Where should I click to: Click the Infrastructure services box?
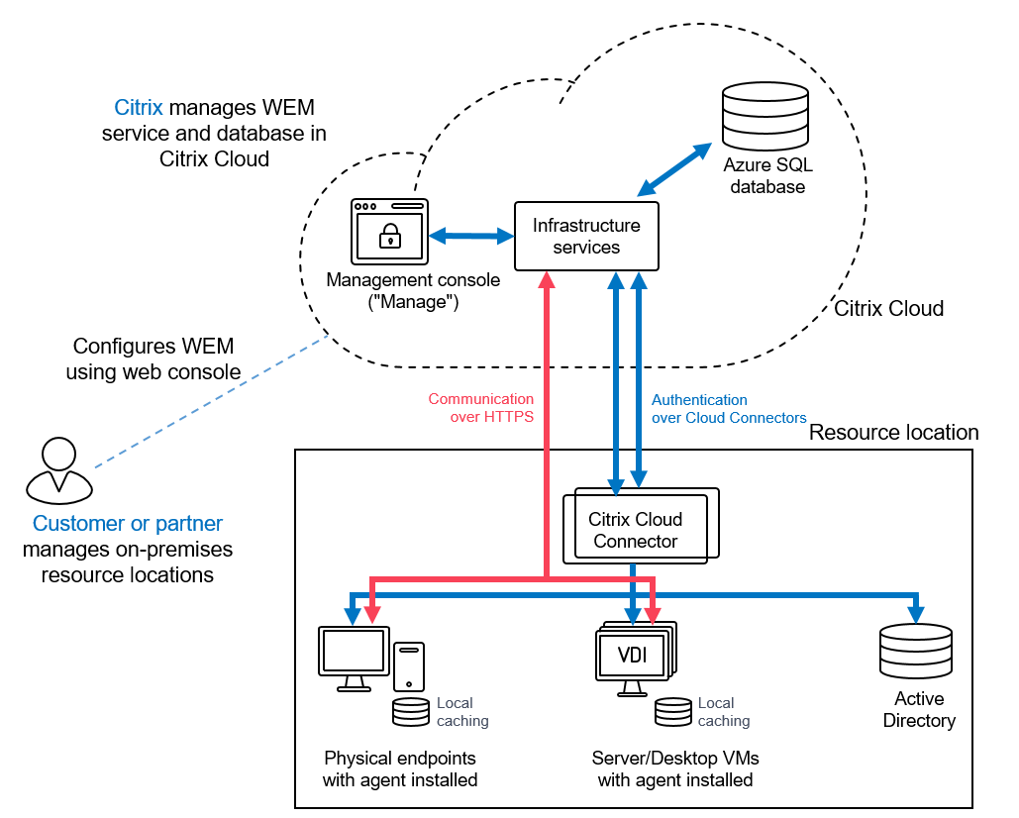tap(586, 236)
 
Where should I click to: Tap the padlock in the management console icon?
tap(390, 236)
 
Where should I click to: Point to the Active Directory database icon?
tap(915, 651)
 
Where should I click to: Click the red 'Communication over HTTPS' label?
tap(481, 408)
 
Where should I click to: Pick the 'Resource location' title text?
tap(893, 433)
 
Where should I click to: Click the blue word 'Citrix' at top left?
tap(139, 107)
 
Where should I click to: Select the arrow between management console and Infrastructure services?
tap(470, 236)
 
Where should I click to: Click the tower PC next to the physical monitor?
tap(409, 665)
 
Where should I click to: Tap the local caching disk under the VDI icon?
tap(673, 712)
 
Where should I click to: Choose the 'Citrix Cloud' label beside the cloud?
tap(888, 308)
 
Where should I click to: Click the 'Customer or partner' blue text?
tap(128, 524)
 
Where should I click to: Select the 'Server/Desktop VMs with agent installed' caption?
tap(674, 769)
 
